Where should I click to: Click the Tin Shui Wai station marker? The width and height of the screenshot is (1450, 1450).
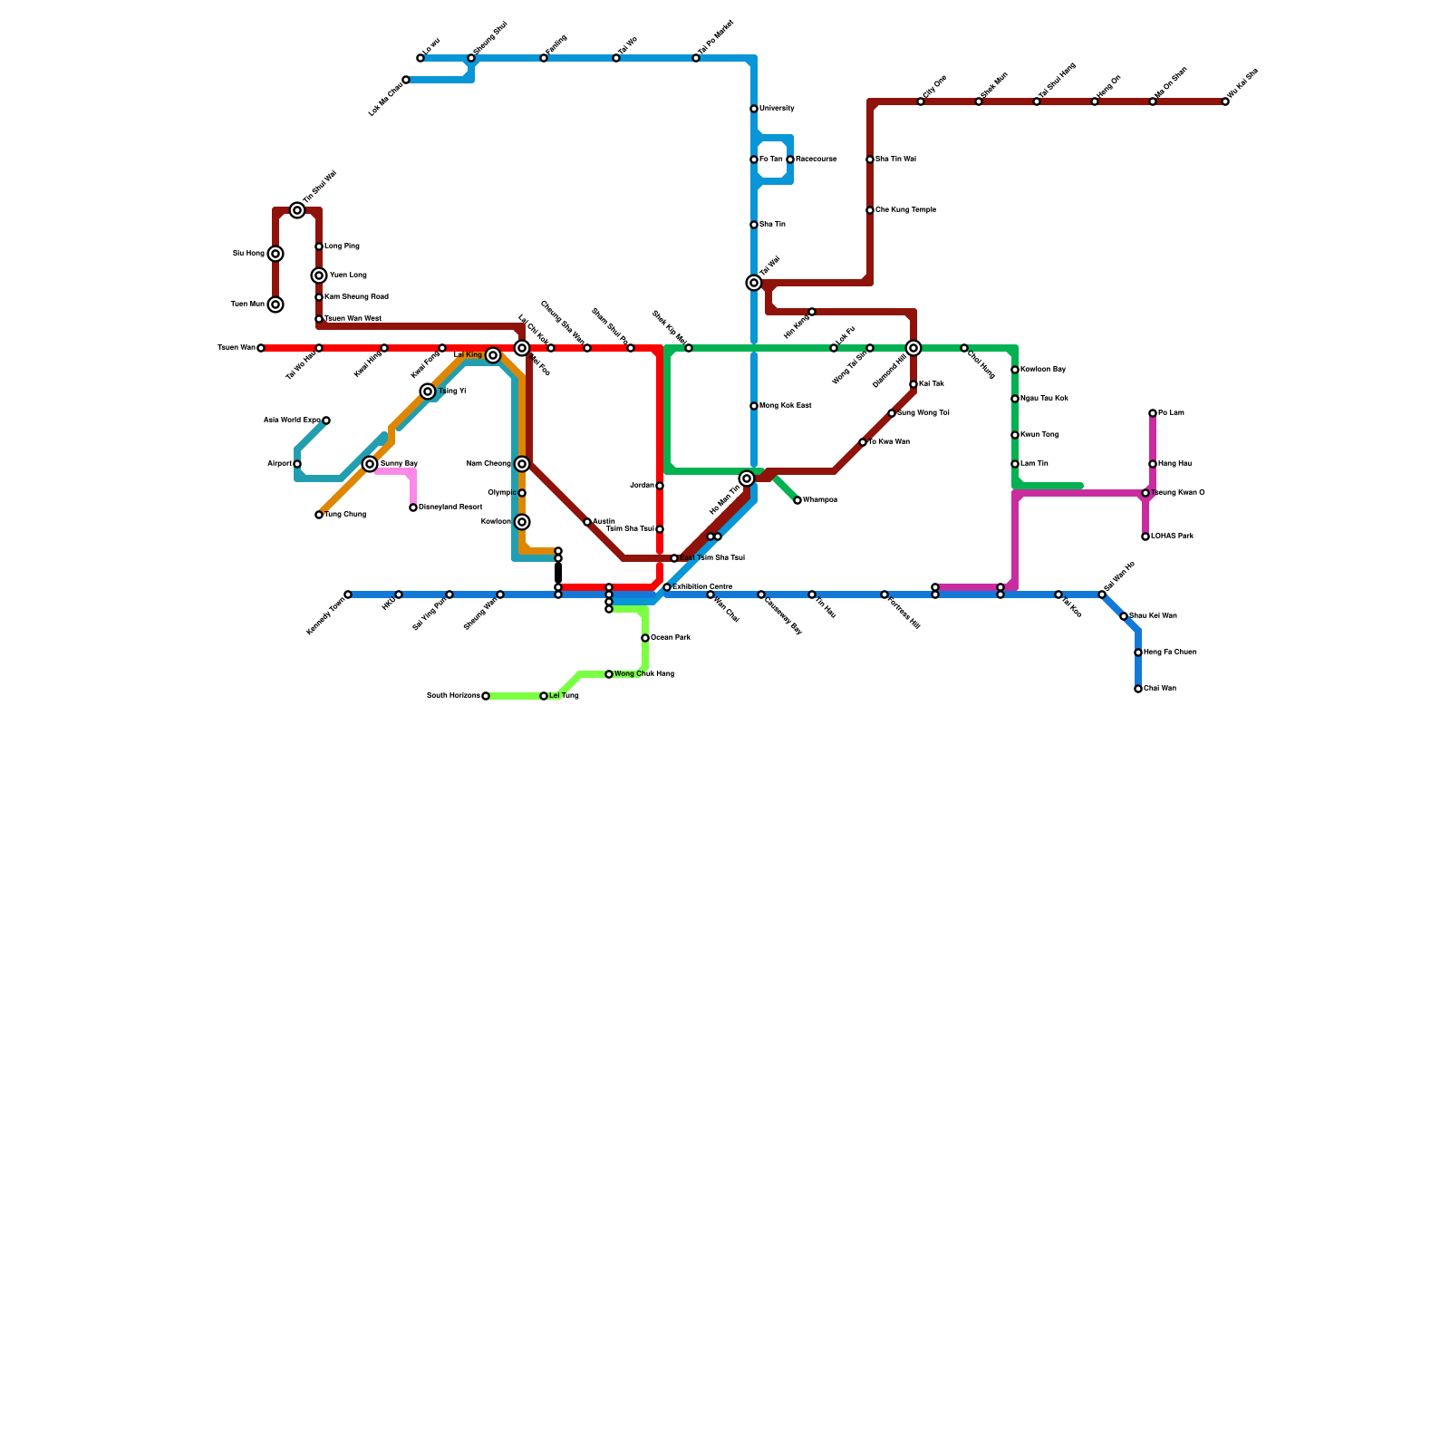(297, 210)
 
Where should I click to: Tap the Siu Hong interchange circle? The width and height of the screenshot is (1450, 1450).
(275, 254)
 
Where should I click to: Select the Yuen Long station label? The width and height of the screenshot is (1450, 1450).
(348, 275)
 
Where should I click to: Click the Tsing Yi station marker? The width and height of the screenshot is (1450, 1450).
(428, 391)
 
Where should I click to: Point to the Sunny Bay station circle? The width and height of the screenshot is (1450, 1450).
(370, 464)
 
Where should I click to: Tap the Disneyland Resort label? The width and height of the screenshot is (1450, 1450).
(450, 507)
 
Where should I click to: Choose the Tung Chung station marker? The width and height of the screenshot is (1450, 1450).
(319, 515)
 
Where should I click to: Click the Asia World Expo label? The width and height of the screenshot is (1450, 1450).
(291, 420)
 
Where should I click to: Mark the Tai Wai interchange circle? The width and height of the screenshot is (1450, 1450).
(754, 283)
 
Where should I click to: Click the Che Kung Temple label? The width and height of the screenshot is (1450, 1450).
(905, 210)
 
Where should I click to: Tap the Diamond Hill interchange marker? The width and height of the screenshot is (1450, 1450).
(913, 348)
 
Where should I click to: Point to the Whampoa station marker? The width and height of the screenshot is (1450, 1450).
(797, 500)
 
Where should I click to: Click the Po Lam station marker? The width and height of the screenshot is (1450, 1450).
(1153, 413)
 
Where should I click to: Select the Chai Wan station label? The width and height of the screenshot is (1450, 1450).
(1160, 689)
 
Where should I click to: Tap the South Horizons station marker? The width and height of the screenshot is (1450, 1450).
(486, 696)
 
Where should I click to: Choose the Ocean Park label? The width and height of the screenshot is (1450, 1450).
(671, 638)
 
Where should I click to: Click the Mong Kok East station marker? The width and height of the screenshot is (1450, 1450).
(754, 406)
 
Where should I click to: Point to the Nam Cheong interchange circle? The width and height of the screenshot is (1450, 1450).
(522, 464)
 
